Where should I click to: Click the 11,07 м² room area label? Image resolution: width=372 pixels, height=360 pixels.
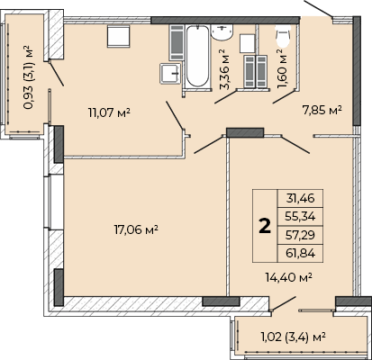109,113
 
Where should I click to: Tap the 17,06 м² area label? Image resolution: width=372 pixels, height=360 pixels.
136,230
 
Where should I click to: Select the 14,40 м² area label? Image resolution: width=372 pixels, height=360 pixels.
289,277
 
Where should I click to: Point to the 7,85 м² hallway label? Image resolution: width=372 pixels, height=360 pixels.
322,110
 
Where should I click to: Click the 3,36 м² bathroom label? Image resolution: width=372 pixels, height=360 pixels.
224,69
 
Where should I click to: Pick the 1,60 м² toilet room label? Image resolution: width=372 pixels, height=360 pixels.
281,69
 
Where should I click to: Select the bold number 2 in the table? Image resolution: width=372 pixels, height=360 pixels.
265,226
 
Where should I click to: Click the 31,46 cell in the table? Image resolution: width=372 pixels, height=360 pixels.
300,198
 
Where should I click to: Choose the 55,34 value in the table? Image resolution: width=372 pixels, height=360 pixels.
300,216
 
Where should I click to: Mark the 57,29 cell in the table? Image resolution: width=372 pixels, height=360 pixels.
300,235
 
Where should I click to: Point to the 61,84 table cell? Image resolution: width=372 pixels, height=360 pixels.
300,253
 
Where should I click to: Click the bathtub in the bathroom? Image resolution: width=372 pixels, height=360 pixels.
197,57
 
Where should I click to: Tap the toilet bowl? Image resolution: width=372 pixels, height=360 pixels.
283,36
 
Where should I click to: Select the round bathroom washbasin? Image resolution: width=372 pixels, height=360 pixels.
222,32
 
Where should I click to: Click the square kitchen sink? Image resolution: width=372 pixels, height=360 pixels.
170,73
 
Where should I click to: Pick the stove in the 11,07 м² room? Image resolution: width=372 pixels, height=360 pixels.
119,36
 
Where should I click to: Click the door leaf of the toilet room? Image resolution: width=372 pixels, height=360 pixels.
284,97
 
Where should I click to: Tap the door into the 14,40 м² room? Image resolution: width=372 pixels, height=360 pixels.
295,145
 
